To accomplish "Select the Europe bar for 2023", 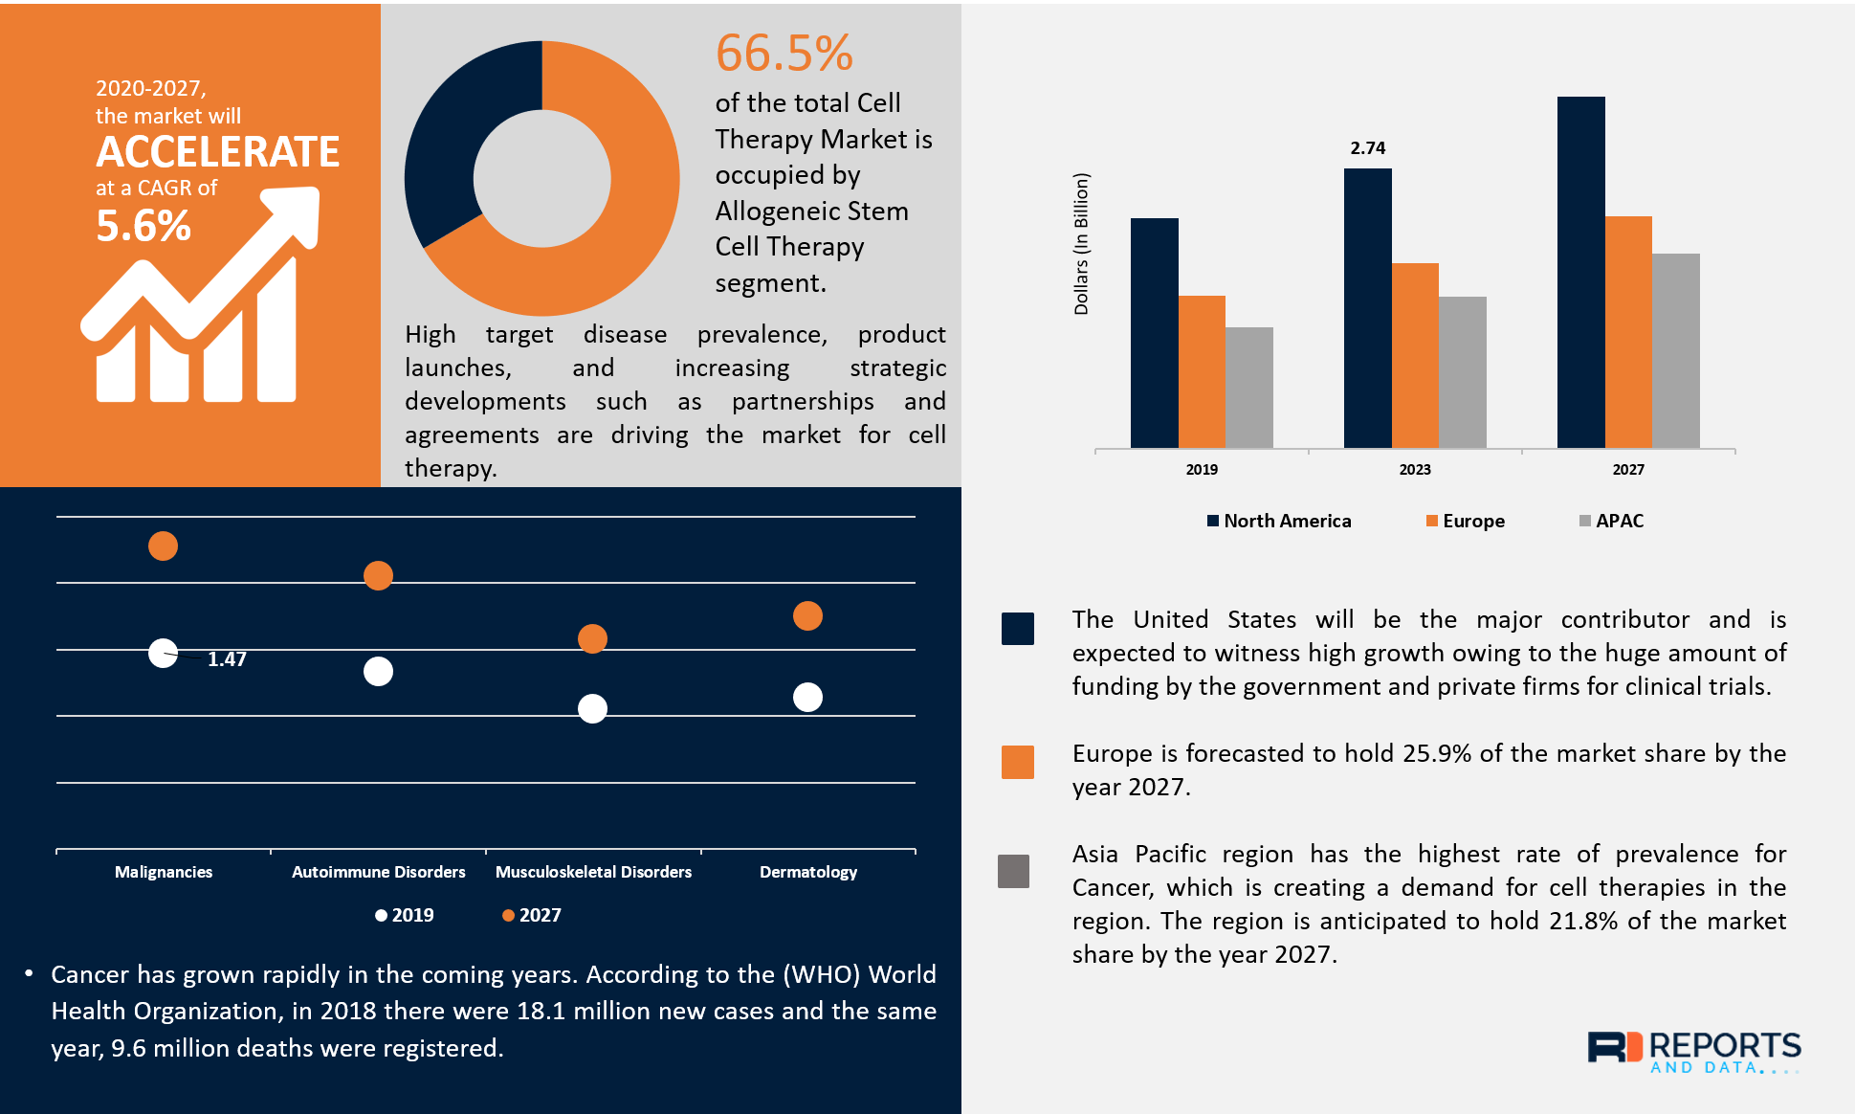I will tap(1415, 355).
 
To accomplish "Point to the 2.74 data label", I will tap(1367, 148).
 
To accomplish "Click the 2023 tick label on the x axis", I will tap(1415, 469).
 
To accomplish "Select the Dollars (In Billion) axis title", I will tap(1081, 244).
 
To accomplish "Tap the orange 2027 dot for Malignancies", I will tap(164, 546).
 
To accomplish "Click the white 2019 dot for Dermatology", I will tap(807, 697).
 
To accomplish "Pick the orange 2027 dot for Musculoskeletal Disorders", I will tap(593, 638).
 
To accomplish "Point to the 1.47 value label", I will tap(227, 659).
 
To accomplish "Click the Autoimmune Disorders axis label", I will tap(379, 872).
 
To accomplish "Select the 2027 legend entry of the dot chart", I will tap(532, 915).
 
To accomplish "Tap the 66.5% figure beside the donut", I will tap(784, 54).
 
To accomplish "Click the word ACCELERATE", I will tap(218, 152).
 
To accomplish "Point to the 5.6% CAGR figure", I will tap(144, 227).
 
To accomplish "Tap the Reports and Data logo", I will tap(1693, 1051).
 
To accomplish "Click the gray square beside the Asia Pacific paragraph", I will tap(1014, 871).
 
